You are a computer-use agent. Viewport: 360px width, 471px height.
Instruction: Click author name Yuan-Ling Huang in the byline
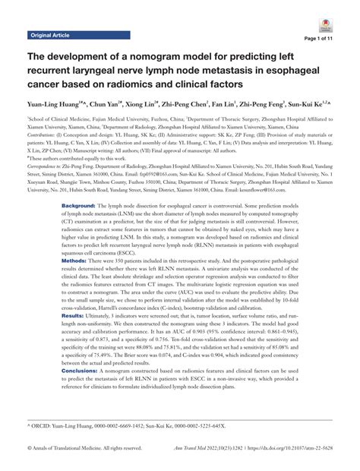(x=54, y=103)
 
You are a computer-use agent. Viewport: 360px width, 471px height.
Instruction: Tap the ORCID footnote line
(x=122, y=426)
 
